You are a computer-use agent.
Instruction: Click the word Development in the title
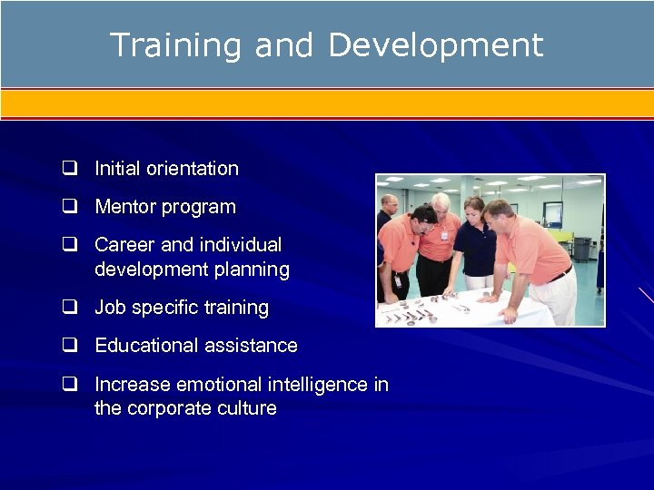coord(435,45)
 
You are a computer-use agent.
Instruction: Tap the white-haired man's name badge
coord(444,235)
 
